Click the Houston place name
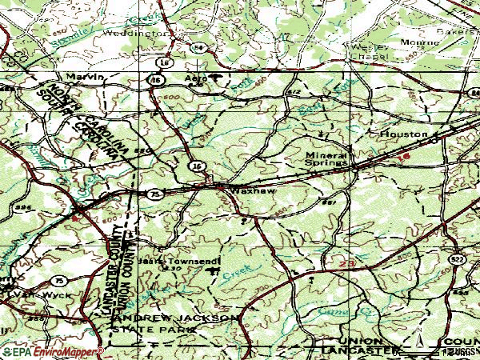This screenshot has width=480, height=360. coord(400,134)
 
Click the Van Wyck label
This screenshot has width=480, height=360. coord(24,294)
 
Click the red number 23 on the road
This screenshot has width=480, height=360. coord(346,262)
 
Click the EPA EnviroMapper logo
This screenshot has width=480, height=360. coord(52,351)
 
